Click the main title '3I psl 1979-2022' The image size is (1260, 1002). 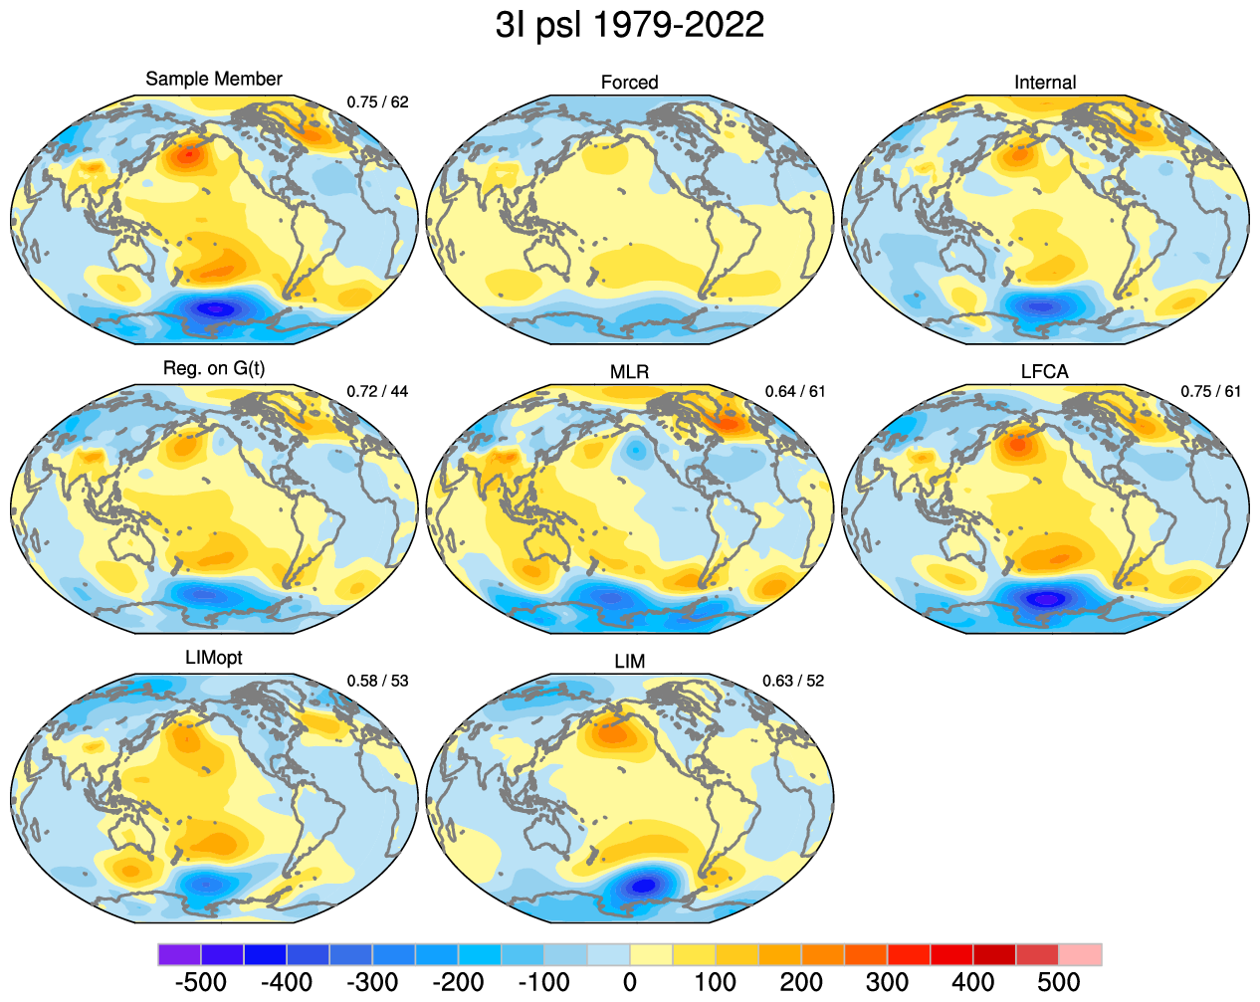click(x=629, y=25)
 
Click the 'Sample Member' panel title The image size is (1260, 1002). click(x=214, y=79)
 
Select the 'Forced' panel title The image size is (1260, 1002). click(x=629, y=83)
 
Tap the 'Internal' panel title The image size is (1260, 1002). click(x=1045, y=83)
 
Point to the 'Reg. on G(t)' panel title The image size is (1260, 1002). click(x=214, y=368)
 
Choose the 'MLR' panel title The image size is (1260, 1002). click(x=629, y=372)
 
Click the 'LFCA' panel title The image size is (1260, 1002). click(x=1045, y=372)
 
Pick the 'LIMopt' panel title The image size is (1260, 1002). click(x=214, y=658)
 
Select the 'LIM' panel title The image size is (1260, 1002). click(x=629, y=662)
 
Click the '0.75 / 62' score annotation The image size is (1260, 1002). click(x=377, y=101)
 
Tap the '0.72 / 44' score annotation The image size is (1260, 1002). click(x=377, y=391)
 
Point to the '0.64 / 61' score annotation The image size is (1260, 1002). click(x=795, y=391)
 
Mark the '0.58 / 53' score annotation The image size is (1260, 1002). click(x=377, y=681)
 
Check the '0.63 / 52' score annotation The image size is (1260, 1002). click(x=793, y=681)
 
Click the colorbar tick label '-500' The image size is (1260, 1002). click(x=200, y=982)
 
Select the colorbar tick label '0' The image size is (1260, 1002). click(x=630, y=982)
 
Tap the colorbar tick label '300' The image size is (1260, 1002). click(x=887, y=982)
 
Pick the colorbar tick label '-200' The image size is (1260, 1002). click(x=458, y=982)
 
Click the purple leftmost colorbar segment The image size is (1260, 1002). click(x=179, y=955)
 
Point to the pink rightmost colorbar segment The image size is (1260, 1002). click(x=1080, y=955)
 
